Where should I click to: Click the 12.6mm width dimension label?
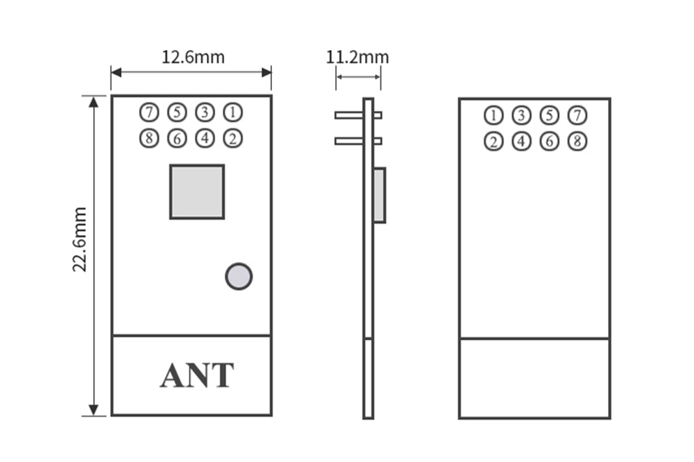(x=193, y=57)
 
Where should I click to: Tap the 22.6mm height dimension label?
(x=81, y=239)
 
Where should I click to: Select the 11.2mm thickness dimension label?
(x=357, y=57)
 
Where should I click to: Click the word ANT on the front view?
(x=197, y=375)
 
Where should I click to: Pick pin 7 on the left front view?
(x=149, y=112)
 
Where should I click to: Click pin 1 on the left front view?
(x=232, y=112)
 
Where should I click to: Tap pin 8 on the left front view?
(x=149, y=138)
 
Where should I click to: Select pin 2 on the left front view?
(x=232, y=138)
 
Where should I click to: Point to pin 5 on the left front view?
(x=177, y=112)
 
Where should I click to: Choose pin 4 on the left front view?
(x=205, y=138)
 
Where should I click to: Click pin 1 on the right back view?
(x=493, y=115)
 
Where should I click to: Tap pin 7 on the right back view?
(x=577, y=115)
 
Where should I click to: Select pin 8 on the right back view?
(x=577, y=142)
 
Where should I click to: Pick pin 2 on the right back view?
(x=493, y=142)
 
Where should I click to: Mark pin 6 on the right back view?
(x=549, y=142)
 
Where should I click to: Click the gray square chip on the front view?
(x=197, y=191)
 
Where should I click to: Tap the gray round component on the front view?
(x=239, y=276)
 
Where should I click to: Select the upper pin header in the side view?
(x=357, y=115)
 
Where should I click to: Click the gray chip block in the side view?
(x=380, y=195)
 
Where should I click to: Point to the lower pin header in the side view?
(x=357, y=141)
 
